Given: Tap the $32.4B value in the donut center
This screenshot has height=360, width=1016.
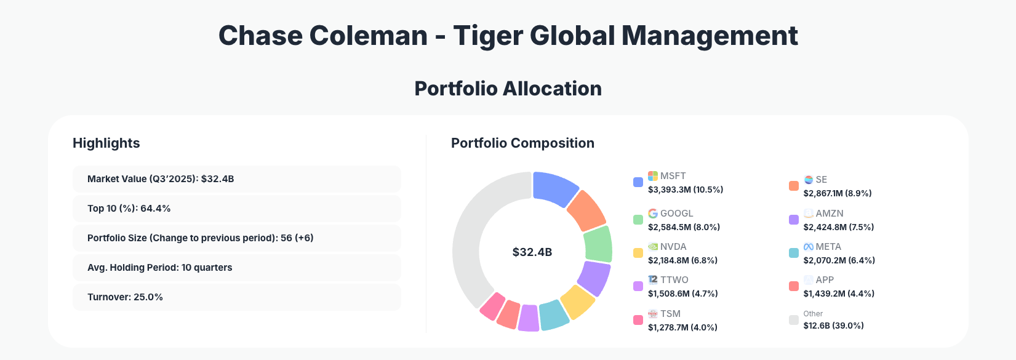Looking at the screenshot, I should [x=532, y=252].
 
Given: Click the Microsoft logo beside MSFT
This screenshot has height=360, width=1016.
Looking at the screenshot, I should [x=653, y=176].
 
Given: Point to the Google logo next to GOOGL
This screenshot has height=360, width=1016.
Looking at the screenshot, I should [x=653, y=214].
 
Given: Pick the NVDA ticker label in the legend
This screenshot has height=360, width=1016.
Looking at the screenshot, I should [x=673, y=247].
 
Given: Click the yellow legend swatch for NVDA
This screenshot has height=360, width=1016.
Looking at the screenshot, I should [x=638, y=253].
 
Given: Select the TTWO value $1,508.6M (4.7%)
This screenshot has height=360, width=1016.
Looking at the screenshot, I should [x=683, y=294].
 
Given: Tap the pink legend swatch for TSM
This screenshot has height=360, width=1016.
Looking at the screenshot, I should [x=638, y=320].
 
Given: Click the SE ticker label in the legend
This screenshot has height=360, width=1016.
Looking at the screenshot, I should [x=822, y=180].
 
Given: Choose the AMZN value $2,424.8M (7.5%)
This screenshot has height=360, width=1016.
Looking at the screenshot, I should [x=839, y=227].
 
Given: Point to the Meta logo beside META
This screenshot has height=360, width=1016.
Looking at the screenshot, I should [x=809, y=247].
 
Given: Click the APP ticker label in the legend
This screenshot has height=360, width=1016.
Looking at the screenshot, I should [x=825, y=280].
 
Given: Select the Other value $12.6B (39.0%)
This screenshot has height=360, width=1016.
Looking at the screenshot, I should [x=834, y=326].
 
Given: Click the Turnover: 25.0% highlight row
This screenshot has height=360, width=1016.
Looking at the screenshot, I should [x=236, y=297].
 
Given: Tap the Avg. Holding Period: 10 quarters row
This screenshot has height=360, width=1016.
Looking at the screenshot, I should [x=236, y=268].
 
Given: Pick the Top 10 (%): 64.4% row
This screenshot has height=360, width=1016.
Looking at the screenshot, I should [x=236, y=209].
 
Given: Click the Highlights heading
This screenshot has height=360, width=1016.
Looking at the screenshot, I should [x=106, y=143].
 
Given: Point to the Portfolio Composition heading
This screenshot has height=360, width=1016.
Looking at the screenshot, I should [x=522, y=143].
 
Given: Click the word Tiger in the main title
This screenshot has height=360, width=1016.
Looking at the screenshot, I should [x=487, y=36].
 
